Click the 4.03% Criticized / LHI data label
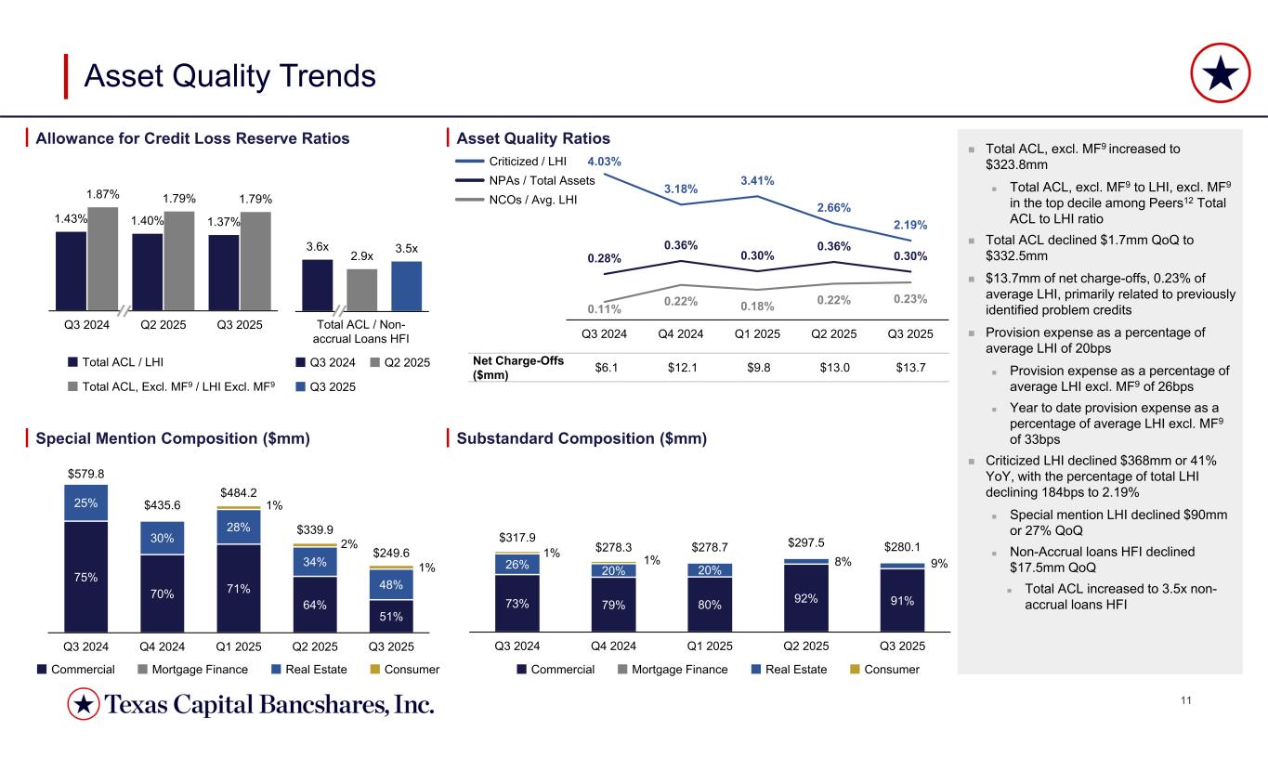604,162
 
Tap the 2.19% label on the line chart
910,225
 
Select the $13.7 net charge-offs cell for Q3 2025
910,368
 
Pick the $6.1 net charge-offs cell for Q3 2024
608,368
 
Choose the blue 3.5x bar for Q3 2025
406,284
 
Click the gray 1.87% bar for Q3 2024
102,257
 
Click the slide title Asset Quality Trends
229,76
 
